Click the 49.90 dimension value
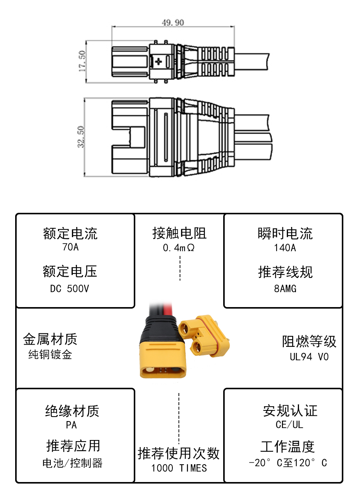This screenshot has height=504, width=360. point(173,23)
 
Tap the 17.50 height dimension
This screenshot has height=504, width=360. point(82,61)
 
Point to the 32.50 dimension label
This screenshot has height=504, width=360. point(81,137)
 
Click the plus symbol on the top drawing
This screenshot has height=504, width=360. point(158,61)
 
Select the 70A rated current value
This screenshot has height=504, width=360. point(70,247)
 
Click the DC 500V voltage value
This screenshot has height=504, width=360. point(70,289)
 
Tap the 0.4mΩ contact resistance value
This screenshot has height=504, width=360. point(179,248)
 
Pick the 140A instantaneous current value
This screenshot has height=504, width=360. point(285,248)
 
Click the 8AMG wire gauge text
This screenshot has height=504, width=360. point(285,289)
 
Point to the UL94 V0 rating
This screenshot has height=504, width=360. point(309,357)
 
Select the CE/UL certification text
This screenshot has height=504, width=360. point(290,425)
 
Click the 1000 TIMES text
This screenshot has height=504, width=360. point(179,468)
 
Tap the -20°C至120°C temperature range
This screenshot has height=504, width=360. point(288,463)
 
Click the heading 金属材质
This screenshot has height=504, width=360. point(50,339)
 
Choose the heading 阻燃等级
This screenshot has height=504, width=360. point(309,342)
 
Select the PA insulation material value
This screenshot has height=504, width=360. point(71,425)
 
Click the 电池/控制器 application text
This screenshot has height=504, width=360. point(72,463)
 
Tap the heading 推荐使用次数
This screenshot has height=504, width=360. point(179,453)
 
